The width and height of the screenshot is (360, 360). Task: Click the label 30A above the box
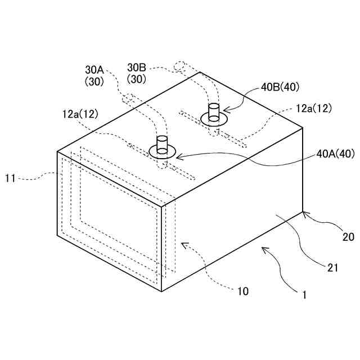point(94,70)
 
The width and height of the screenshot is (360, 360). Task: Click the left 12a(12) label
point(80,114)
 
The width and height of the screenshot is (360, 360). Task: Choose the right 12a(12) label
point(314,108)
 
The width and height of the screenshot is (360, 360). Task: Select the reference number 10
point(242,291)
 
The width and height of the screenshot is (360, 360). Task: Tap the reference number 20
point(348,237)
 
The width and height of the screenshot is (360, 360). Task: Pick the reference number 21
point(333,268)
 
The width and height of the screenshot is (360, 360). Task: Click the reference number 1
point(304,294)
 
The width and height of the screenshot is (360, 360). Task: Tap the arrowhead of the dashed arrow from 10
point(183,244)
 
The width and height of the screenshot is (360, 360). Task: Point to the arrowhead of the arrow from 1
point(262,247)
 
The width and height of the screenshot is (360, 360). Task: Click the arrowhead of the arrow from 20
point(304,212)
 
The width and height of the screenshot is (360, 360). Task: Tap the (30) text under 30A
point(94,81)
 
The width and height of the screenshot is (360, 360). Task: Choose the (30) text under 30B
point(137,79)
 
